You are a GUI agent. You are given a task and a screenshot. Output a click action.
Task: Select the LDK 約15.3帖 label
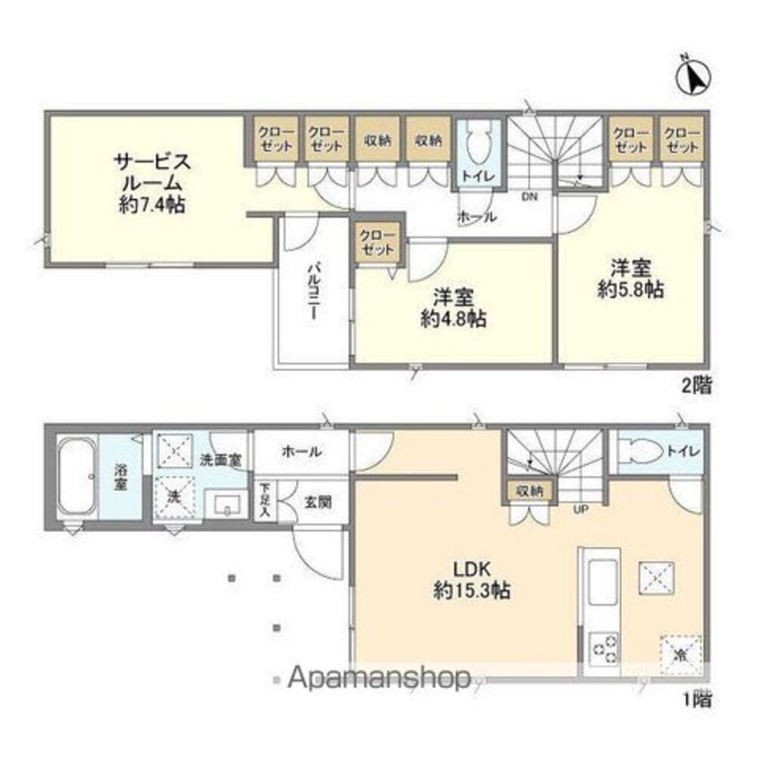(x=471, y=579)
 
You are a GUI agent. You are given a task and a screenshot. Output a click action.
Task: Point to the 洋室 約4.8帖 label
(x=453, y=307)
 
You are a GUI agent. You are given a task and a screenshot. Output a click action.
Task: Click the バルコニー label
(x=313, y=292)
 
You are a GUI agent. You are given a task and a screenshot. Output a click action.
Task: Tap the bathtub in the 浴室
(x=76, y=478)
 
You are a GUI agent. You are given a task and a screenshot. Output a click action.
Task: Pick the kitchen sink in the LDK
(x=603, y=582)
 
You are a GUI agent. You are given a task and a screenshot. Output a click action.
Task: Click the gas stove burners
(x=603, y=647)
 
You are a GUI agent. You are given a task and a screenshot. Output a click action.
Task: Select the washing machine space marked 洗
(x=175, y=497)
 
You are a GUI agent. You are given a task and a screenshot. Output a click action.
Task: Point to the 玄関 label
(x=316, y=501)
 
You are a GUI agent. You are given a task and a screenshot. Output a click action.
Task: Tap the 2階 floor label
(x=696, y=386)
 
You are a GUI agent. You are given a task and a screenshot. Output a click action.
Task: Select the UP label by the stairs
(x=581, y=509)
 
